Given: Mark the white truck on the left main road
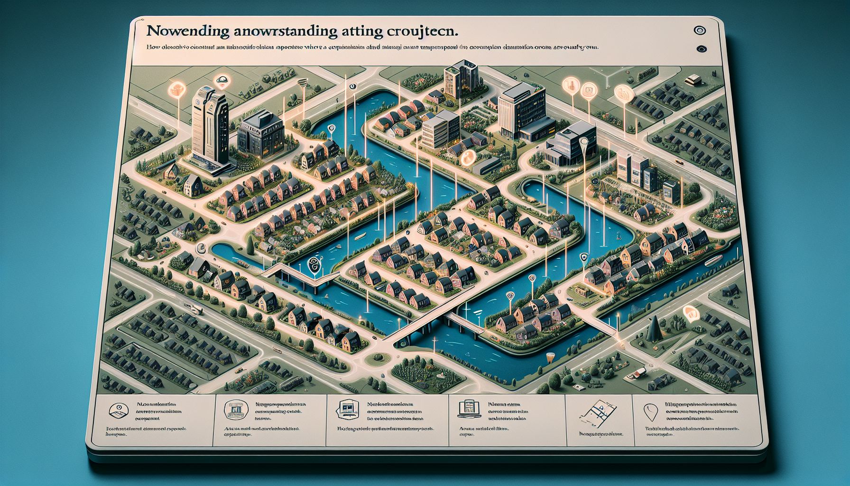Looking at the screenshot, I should click(x=196, y=310).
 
